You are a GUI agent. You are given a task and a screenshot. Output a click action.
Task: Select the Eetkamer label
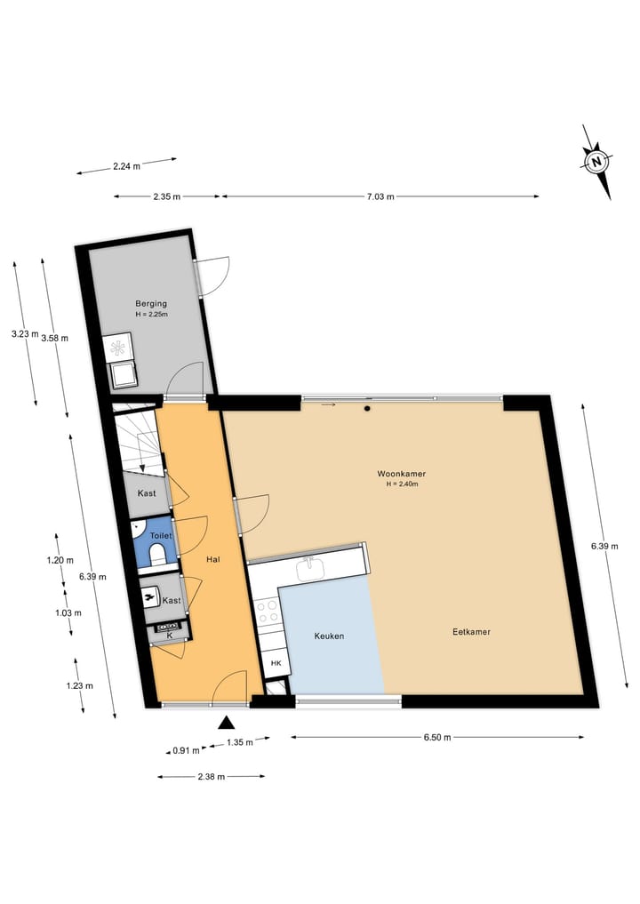pyautogui.click(x=471, y=632)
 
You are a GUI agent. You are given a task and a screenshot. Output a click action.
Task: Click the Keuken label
pyautogui.click(x=329, y=636)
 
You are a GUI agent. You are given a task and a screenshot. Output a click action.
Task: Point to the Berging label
pyautogui.click(x=151, y=303)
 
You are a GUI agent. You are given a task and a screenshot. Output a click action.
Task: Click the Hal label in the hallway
pyautogui.click(x=212, y=559)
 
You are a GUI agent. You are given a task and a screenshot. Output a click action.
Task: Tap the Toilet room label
pyautogui.click(x=161, y=536)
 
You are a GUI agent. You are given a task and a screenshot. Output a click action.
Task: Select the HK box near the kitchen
pyautogui.click(x=276, y=664)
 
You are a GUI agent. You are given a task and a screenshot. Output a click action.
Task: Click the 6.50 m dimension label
pyautogui.click(x=436, y=737)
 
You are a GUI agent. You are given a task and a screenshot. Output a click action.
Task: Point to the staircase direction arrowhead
pyautogui.click(x=142, y=468)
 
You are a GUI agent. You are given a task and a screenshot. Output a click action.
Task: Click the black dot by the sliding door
pyautogui.click(x=366, y=408)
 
